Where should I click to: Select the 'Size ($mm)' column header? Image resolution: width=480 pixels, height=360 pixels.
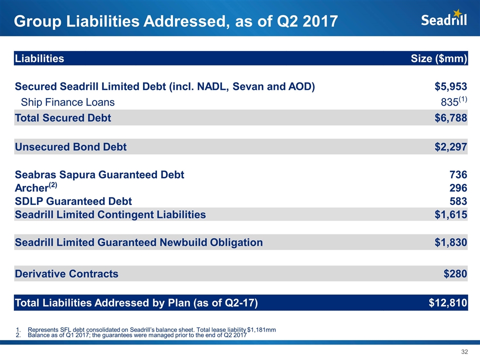coord(438,58)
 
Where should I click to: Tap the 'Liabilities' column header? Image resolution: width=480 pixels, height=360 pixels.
coord(39,58)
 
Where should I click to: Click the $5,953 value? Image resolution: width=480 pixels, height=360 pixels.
coord(450,86)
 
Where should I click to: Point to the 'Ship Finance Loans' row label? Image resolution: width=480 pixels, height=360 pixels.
coord(67,102)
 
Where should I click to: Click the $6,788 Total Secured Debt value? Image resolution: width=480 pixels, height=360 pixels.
coord(450,118)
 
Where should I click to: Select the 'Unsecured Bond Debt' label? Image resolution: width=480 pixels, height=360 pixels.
coord(70,147)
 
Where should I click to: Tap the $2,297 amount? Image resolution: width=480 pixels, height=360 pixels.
coord(450,147)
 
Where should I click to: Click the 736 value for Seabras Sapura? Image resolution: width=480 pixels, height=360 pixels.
coord(458,175)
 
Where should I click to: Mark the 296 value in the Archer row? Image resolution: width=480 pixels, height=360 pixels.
coord(458,188)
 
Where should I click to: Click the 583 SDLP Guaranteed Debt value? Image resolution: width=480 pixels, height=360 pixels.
coord(458,201)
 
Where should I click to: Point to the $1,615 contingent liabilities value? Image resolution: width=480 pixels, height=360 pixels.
coord(450,214)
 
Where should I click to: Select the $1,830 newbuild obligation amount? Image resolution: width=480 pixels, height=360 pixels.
coord(450,242)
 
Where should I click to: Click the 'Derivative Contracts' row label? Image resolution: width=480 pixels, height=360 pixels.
coord(66,273)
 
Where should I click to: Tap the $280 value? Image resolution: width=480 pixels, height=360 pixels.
coord(455,273)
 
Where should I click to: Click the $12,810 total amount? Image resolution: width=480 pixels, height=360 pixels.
coord(448,302)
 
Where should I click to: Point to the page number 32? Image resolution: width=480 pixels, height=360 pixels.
coord(464,352)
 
